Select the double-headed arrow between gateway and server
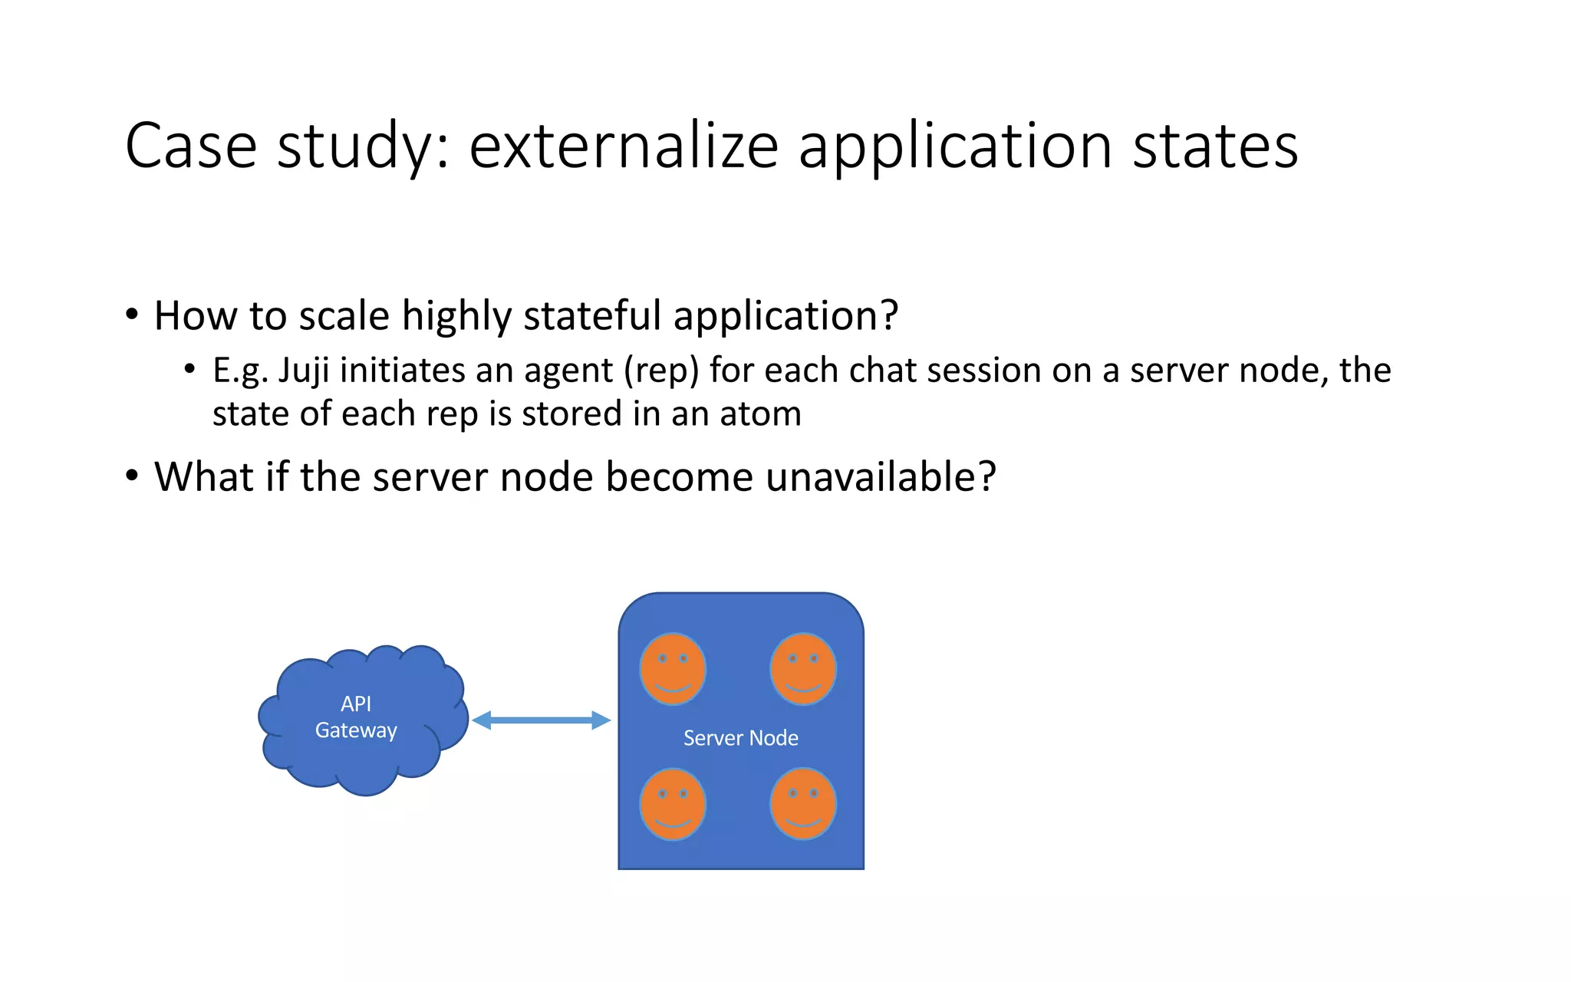point(541,720)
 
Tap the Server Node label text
point(740,738)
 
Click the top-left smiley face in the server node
point(673,669)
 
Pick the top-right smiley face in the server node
point(803,669)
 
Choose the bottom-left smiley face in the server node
point(673,804)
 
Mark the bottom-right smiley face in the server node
point(803,804)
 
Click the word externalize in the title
point(624,146)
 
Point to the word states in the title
point(1215,146)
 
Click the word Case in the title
point(190,146)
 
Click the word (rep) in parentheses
point(661,371)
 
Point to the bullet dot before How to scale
point(132,315)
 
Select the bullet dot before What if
point(132,476)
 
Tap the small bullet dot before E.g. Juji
point(189,370)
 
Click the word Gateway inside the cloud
point(356,730)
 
